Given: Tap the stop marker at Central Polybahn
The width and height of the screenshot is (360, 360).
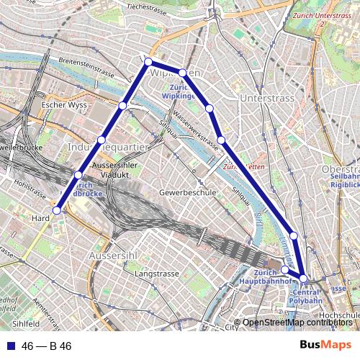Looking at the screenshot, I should (x=303, y=279).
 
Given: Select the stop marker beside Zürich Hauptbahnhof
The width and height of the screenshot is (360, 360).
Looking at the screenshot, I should (x=284, y=270).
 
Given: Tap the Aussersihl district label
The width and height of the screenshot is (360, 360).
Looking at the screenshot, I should (x=112, y=256).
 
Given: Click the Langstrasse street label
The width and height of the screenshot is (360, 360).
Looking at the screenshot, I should (x=156, y=274).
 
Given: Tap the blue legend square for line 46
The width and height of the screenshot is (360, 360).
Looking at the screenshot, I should (x=8, y=346).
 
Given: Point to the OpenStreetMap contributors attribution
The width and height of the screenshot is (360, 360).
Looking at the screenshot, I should (x=297, y=322).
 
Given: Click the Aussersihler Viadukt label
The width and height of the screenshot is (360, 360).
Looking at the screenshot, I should (x=117, y=170).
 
